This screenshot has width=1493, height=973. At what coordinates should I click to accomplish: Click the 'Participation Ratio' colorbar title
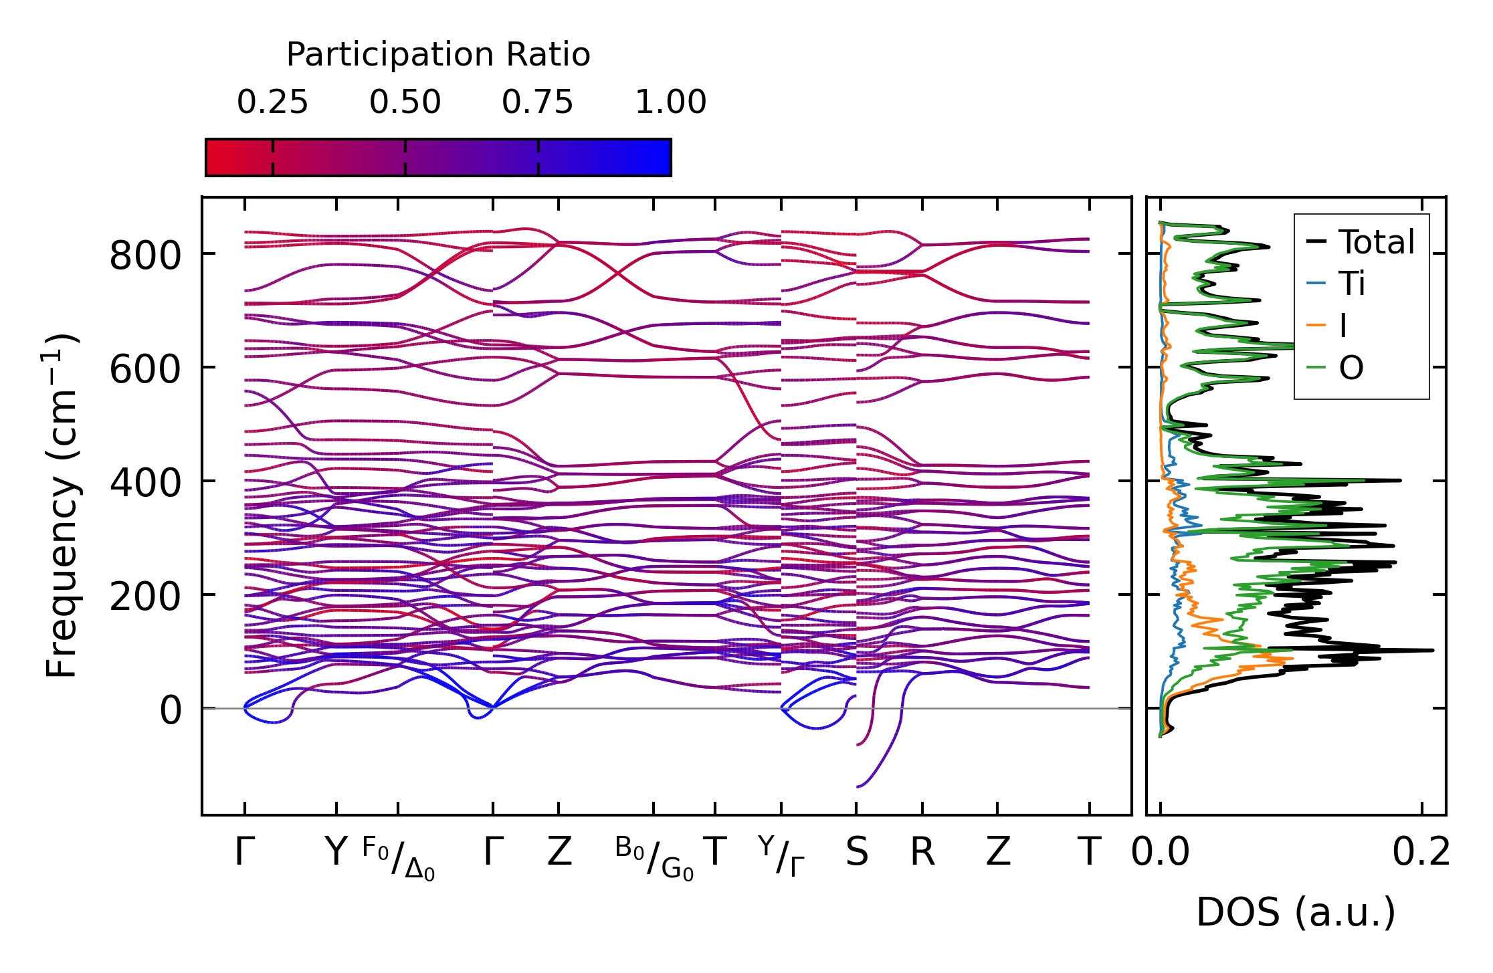(x=438, y=55)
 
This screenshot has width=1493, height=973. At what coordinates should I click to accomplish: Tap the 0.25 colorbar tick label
(x=272, y=103)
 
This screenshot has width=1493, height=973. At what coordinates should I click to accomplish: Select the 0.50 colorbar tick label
(x=405, y=103)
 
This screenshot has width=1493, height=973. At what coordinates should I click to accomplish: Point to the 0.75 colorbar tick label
(x=538, y=103)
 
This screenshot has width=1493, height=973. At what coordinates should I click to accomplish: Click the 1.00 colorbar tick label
(x=670, y=103)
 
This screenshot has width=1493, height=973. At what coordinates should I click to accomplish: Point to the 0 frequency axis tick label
(x=171, y=711)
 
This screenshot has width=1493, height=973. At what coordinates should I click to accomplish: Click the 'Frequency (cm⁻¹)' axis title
(x=62, y=506)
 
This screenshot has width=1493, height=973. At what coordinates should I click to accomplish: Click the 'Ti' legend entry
(x=1352, y=284)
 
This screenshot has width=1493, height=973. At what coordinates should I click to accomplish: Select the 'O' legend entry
(x=1351, y=368)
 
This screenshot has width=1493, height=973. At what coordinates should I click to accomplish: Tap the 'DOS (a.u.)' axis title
(x=1296, y=913)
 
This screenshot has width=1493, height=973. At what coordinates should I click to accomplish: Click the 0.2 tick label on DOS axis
(x=1421, y=853)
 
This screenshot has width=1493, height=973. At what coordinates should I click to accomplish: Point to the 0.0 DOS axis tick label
(x=1161, y=853)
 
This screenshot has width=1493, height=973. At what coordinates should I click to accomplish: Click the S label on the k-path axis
(x=857, y=853)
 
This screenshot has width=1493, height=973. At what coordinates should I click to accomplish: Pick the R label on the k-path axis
(x=922, y=853)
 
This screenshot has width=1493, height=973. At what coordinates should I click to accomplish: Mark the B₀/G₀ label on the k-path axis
(x=654, y=858)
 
